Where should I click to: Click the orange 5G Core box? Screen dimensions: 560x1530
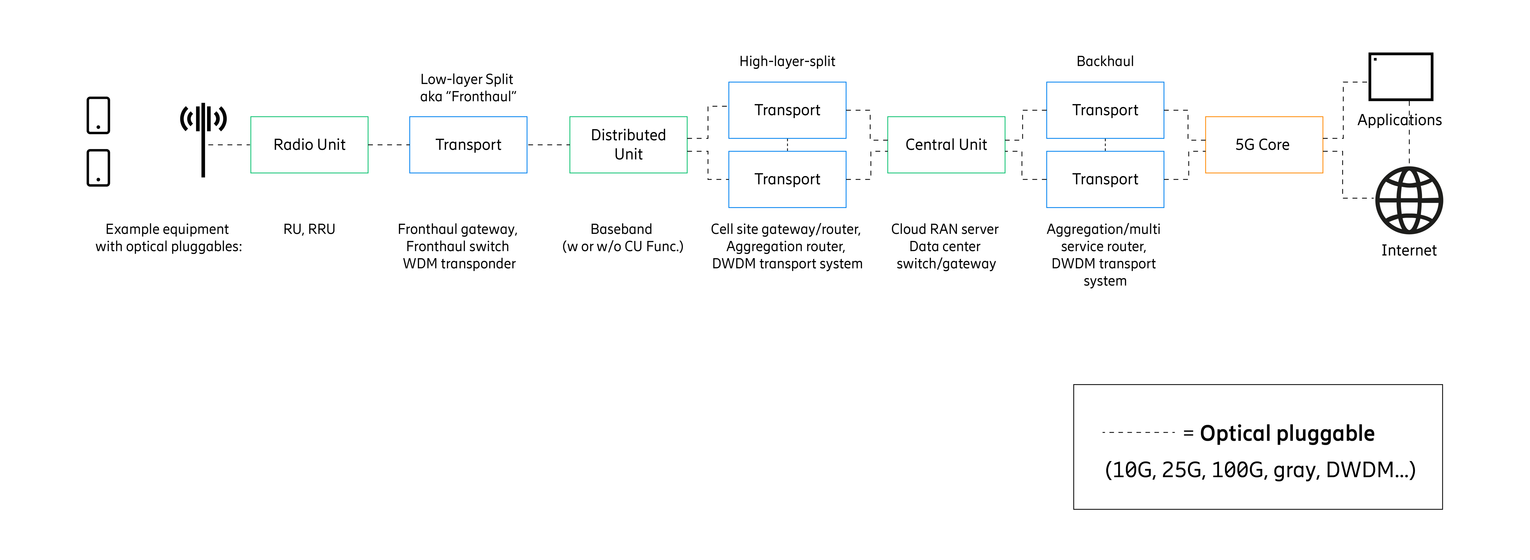1263,144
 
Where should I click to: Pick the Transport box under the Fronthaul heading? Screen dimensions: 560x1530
468,144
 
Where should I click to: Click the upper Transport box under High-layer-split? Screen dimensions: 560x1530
787,110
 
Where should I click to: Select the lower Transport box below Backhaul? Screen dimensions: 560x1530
1105,179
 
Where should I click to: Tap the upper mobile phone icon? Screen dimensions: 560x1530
98,115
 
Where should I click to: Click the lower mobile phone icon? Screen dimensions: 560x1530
98,168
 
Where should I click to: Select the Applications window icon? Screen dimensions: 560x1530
1400,77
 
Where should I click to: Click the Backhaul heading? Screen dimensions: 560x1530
1105,61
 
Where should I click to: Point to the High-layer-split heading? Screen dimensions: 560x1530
787,61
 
